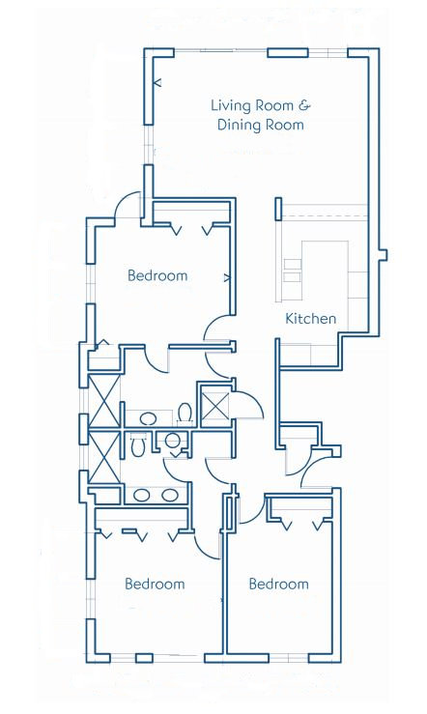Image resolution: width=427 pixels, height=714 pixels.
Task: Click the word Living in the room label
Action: point(229,105)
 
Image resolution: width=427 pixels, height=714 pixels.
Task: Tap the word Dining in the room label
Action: point(238,126)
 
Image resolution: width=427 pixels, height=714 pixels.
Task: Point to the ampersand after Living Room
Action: point(304,105)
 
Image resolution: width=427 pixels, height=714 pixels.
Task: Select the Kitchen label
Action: point(310,318)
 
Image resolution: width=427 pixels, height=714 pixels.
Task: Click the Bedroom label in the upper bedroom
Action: point(157,275)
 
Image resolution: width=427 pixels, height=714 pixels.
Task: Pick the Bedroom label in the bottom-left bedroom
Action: point(155,584)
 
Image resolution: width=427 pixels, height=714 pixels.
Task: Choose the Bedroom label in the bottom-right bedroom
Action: point(278,584)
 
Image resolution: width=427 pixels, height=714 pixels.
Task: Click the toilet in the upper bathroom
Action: point(185,414)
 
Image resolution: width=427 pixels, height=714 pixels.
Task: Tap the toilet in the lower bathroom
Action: point(137,444)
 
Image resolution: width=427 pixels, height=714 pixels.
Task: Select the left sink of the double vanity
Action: point(142,495)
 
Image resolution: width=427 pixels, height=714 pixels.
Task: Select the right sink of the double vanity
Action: point(170,495)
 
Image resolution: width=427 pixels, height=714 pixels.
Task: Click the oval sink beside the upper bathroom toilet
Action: point(148,418)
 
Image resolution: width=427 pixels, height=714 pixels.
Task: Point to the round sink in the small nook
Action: point(173,441)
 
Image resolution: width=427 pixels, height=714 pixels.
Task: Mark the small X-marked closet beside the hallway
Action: point(214,405)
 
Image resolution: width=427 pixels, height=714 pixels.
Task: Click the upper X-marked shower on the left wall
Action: point(104,400)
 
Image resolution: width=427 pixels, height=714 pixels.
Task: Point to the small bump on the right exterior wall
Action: point(384,254)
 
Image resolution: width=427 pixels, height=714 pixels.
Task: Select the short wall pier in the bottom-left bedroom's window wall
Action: point(145,658)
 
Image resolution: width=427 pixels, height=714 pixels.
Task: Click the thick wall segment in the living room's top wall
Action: point(288,53)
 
